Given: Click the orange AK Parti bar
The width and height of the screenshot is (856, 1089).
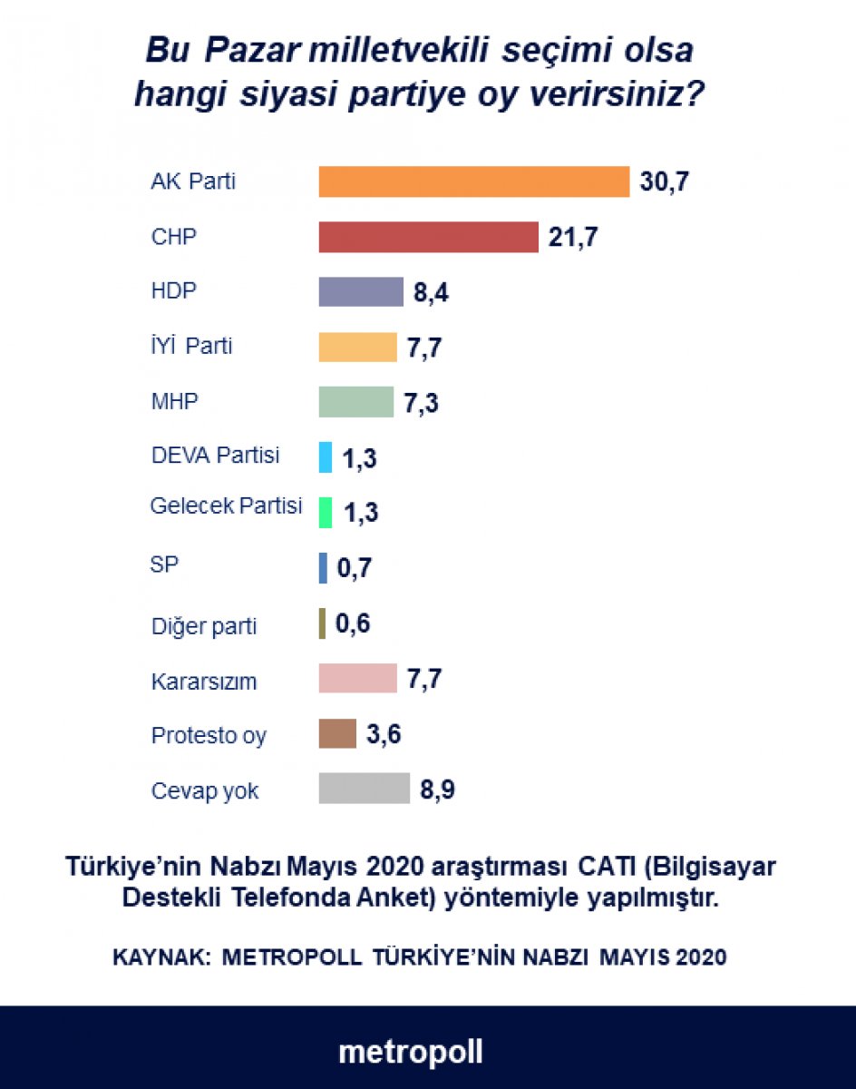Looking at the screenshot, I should coord(473,181).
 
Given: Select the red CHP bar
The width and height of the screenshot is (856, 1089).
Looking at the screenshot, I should coord(428,237).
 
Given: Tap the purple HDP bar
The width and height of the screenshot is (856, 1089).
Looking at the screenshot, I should coord(360,292).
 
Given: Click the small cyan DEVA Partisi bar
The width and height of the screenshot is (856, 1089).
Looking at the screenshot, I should coord(326,457).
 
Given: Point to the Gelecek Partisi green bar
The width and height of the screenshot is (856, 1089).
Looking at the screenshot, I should coord(326,513).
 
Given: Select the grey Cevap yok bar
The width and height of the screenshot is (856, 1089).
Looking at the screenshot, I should coord(364,789).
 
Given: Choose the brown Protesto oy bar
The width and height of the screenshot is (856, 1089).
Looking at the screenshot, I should coord(337,733).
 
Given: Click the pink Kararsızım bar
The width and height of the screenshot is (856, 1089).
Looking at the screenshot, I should coord(357,678).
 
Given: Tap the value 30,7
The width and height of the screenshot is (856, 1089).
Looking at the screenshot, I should coord(666,182).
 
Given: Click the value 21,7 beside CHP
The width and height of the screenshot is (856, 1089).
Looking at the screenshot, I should coord(574,238).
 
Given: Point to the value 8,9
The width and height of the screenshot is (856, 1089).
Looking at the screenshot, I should coord(436,790).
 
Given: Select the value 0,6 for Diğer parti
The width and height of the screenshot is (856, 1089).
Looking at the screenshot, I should coord(354,624).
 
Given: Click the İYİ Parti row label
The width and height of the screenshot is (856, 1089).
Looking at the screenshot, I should coord(191,347).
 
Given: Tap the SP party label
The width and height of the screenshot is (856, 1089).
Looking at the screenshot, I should coord(164,564).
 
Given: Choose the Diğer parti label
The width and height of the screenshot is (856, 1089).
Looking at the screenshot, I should coord(204,626).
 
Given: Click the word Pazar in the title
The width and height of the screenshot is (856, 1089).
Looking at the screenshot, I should coord(250,50).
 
